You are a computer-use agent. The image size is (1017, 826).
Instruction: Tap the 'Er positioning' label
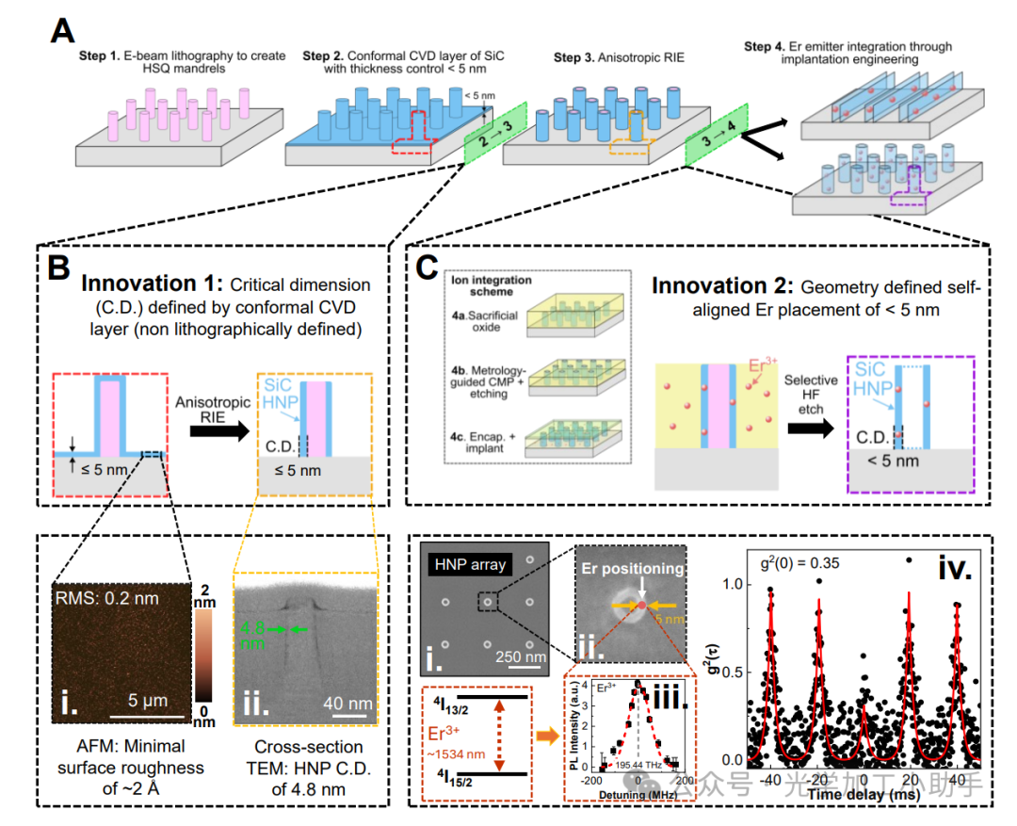[x=631, y=568]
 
